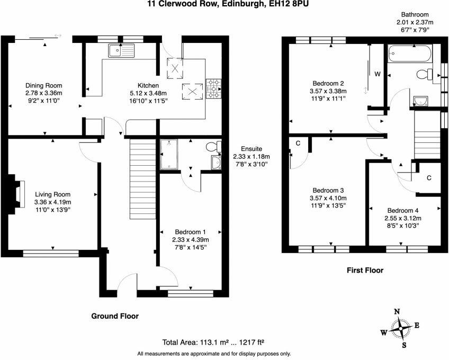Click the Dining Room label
point(44,85)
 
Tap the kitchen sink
point(121,51)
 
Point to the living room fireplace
point(16,194)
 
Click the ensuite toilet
point(213,147)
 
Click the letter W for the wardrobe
point(378,74)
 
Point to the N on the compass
point(397,312)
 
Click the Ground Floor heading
point(115,316)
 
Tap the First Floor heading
point(365,270)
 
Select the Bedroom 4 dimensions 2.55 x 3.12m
point(403,218)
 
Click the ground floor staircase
point(142,179)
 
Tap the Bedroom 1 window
point(191,293)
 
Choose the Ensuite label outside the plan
point(252,149)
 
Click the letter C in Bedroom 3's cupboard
point(298,143)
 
